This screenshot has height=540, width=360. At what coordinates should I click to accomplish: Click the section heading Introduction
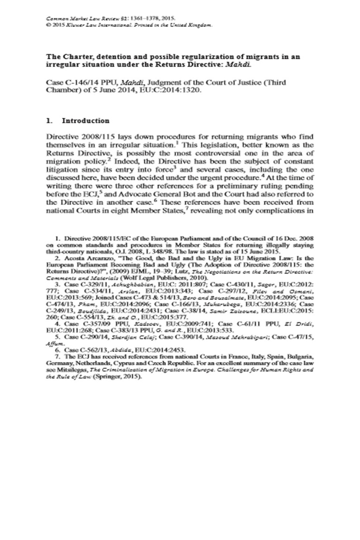click(x=86, y=121)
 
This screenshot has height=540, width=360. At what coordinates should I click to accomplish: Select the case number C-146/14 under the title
click(x=79, y=83)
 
